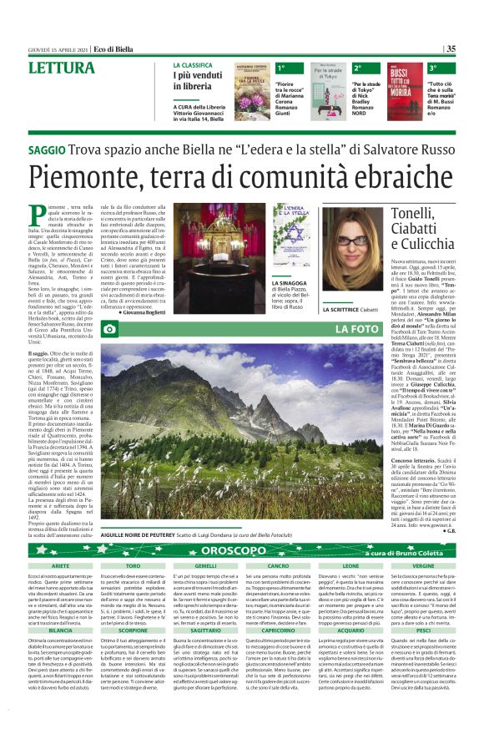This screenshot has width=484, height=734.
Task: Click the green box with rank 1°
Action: [x=282, y=68]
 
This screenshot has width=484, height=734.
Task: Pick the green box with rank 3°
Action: [x=433, y=68]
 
